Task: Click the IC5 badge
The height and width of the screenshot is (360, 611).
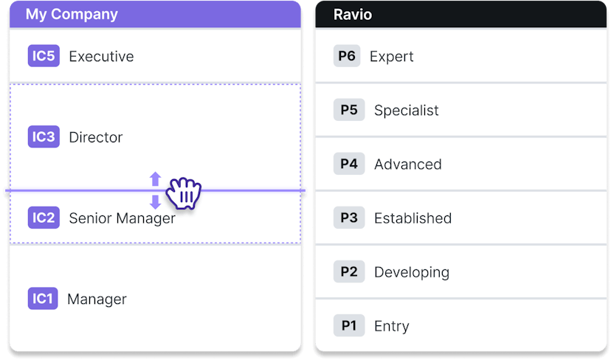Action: pos(44,56)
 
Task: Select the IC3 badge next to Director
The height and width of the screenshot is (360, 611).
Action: pos(44,136)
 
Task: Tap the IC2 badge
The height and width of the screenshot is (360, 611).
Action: pos(44,218)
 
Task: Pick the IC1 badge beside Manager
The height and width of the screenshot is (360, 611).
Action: pos(43,299)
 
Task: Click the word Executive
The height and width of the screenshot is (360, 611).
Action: pos(101,57)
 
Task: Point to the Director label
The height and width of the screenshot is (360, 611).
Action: pos(96,137)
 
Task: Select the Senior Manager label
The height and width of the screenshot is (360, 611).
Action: pos(122,218)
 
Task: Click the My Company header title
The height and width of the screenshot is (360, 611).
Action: pos(72,15)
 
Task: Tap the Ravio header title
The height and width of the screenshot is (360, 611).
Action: pos(353,15)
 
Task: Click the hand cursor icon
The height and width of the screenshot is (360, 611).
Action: pos(184,193)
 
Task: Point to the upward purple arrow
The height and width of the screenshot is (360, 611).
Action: pos(156,179)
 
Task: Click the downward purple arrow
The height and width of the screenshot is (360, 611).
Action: pos(156,202)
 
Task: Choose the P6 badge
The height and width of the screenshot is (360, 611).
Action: pos(347,56)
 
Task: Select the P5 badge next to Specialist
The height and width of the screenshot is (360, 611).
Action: pos(349,110)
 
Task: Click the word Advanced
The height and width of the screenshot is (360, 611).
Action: pos(408,165)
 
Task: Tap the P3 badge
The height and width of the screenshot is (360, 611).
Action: pos(349,218)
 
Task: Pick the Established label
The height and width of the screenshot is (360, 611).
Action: pos(413,218)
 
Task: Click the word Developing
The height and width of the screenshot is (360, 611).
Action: pos(412,272)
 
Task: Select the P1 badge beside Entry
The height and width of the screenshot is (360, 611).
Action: pos(349,325)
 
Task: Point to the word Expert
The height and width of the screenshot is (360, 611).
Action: pos(392,57)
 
